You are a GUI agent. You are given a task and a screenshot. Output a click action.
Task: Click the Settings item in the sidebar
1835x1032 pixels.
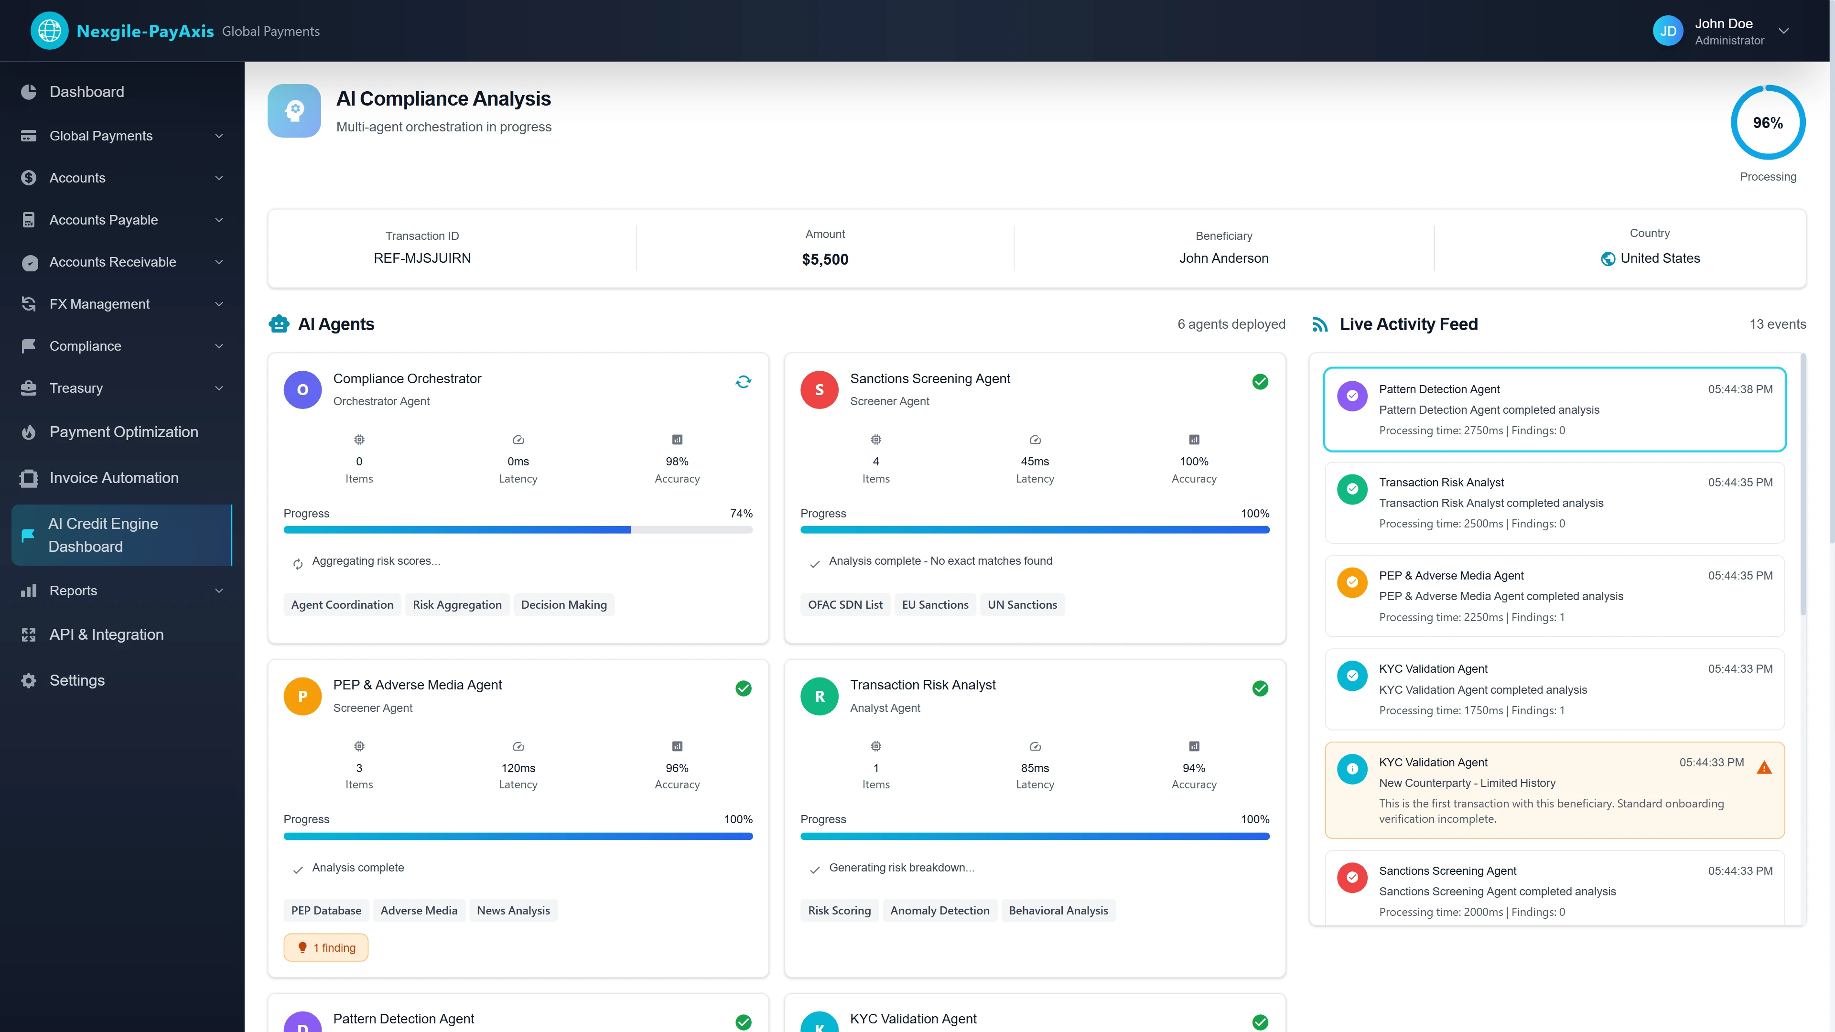[77, 680]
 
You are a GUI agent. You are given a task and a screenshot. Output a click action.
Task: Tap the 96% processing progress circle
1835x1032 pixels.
[1767, 122]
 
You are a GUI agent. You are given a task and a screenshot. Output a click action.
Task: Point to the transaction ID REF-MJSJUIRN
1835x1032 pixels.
[421, 258]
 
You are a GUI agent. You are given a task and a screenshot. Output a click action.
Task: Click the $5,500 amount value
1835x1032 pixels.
[825, 259]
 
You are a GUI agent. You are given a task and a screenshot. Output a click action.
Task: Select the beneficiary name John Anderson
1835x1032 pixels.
[1223, 258]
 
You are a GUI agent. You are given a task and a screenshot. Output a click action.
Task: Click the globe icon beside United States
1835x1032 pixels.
[1608, 258]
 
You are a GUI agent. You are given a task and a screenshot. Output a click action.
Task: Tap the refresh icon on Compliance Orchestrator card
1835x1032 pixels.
[743, 382]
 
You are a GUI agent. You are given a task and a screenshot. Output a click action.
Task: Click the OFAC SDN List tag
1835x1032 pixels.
[845, 605]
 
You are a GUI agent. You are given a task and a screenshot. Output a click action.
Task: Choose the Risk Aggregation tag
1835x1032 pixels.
[457, 605]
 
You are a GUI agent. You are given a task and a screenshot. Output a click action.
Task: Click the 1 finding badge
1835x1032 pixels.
[326, 947]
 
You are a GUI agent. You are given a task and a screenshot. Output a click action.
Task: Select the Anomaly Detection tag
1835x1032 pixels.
[939, 910]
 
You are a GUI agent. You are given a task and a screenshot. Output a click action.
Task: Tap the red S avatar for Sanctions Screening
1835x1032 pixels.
[819, 389]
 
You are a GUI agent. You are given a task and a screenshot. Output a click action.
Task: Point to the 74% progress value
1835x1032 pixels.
[741, 514]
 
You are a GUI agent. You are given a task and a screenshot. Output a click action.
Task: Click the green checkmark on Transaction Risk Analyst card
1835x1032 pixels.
[1260, 688]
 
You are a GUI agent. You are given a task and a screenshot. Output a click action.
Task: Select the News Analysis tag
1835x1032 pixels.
[513, 910]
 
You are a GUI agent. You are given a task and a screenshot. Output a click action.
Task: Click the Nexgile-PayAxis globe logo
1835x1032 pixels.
[49, 31]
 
